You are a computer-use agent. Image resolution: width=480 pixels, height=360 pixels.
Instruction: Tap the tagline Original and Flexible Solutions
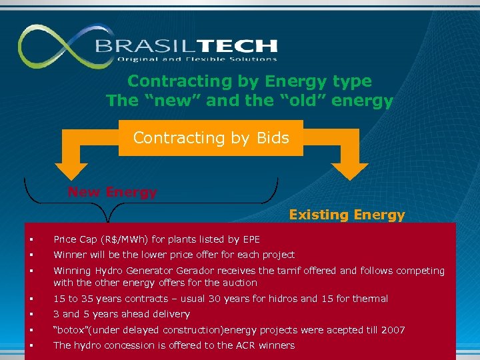[x=197, y=59]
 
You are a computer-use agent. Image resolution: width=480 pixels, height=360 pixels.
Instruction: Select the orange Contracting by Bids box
[x=211, y=138]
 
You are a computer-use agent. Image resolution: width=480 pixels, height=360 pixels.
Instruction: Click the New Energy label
[x=112, y=192]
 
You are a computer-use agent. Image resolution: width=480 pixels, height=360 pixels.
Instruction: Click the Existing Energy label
[x=347, y=215]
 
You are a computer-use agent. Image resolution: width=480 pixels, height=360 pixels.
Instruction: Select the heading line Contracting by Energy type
[x=249, y=81]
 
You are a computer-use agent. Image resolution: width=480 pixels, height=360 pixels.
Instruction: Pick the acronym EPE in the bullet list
[x=251, y=239]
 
